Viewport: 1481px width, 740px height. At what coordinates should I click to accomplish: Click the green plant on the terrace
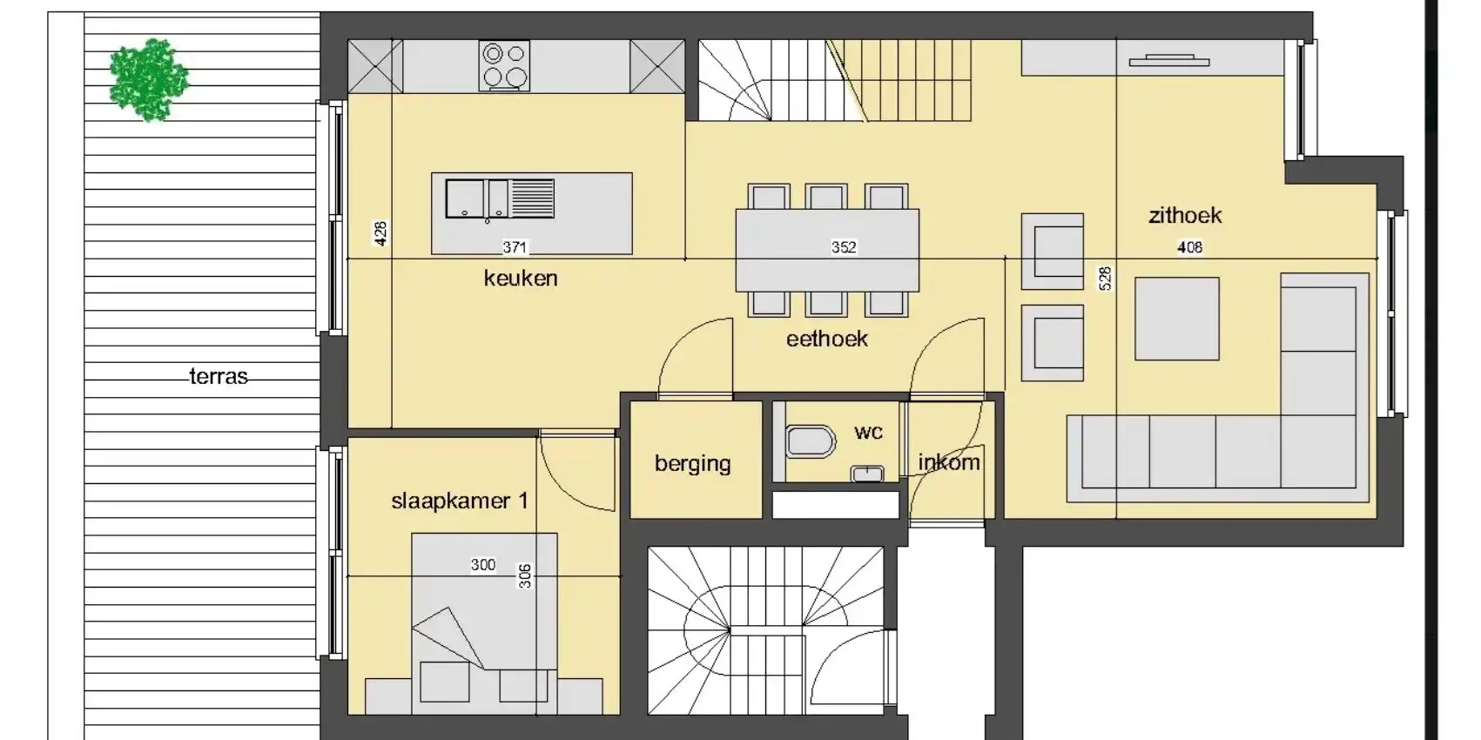pos(150,80)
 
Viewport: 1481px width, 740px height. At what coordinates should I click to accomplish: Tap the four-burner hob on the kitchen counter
pos(504,65)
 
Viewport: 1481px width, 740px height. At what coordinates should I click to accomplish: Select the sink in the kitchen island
pos(500,198)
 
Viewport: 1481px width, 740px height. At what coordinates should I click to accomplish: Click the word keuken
pos(521,279)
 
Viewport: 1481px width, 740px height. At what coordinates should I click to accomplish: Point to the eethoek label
pos(826,340)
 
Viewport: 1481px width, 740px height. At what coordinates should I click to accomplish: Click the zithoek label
pos(1185,216)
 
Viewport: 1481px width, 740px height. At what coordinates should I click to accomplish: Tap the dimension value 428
pos(380,234)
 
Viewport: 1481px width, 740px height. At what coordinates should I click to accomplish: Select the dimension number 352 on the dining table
pos(844,247)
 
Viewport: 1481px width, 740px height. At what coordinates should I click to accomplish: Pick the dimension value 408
pos(1189,247)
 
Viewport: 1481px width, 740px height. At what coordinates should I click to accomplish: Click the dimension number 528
pos(1105,279)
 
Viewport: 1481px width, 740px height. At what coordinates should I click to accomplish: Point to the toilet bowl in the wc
pos(811,441)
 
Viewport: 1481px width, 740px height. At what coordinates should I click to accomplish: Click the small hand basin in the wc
pos(867,474)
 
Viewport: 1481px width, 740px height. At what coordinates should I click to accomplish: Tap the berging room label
pos(692,463)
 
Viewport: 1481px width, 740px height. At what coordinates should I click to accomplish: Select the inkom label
pos(949,462)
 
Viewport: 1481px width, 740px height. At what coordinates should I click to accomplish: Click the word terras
pos(219,377)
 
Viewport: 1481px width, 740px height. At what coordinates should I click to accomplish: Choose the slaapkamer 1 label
pos(460,501)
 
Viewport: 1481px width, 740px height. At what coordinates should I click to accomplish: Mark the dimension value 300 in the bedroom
pos(482,565)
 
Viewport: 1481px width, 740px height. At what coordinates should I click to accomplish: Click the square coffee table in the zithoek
pos(1177,319)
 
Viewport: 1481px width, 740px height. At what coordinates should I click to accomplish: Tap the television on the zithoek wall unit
pos(1169,61)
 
